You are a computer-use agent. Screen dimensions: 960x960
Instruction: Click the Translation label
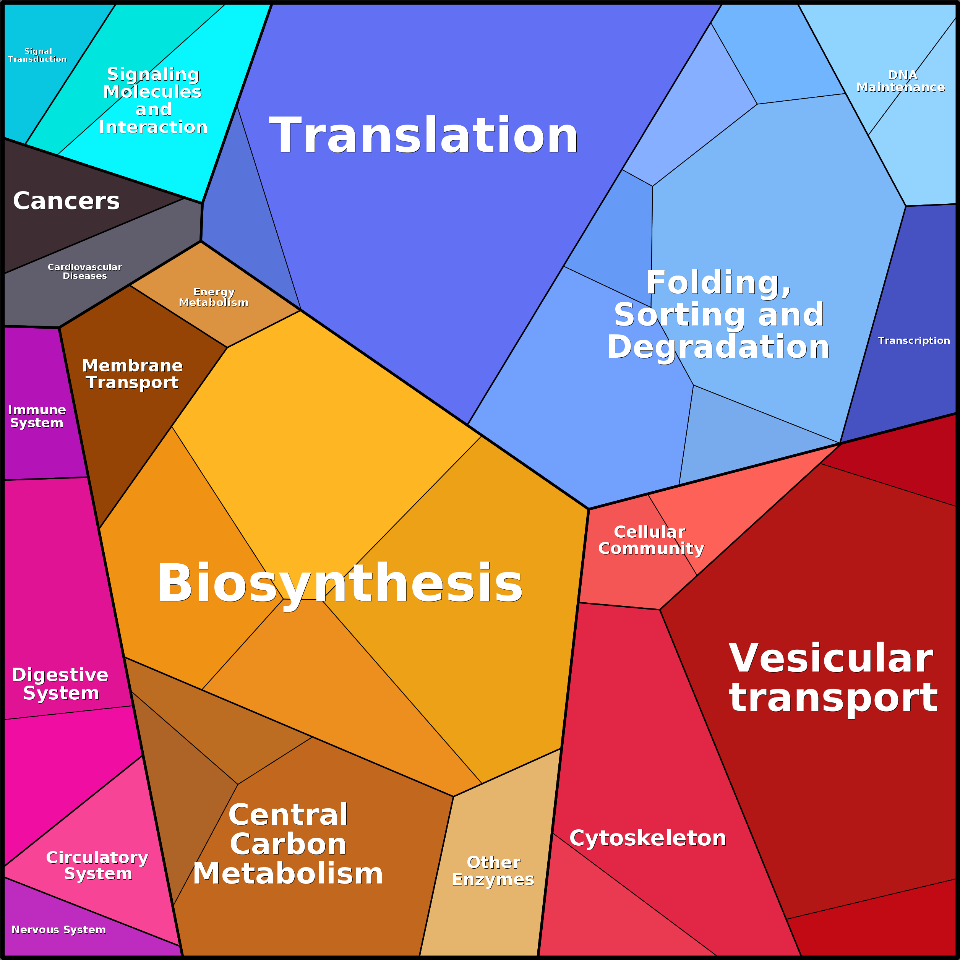pos(423,135)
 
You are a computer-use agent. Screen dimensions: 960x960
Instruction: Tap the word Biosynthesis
pos(340,583)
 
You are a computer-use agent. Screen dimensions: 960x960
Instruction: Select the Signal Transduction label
pos(37,55)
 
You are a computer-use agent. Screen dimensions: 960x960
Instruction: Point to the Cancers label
pos(66,201)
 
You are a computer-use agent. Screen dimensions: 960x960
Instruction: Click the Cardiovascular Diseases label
pos(84,271)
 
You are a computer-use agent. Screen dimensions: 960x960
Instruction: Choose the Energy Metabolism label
pos(214,297)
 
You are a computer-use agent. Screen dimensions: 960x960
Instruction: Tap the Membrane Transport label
pos(132,374)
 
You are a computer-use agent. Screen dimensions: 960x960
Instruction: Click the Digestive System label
pos(60,684)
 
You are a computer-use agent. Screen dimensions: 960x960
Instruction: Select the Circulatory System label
pos(97,865)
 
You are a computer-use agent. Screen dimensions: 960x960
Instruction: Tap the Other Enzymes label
pos(493,871)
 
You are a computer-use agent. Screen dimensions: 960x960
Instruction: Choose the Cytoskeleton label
pos(647,838)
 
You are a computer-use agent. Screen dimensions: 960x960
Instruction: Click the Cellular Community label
pos(651,540)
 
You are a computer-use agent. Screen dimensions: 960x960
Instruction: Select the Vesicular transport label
pos(833,678)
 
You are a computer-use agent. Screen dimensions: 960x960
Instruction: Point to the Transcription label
pos(914,341)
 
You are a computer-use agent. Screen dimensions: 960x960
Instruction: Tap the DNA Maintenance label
pos(901,81)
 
